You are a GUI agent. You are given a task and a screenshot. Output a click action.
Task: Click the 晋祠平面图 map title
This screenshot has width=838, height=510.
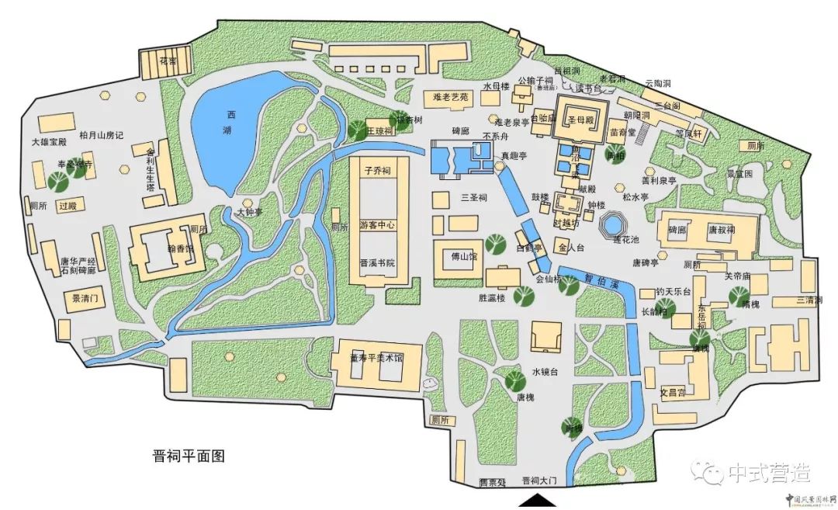pyautogui.click(x=189, y=456)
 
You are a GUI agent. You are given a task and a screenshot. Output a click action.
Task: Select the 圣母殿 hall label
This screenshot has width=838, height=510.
pyautogui.click(x=580, y=120)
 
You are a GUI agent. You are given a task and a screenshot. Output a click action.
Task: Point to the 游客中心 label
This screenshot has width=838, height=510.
pyautogui.click(x=377, y=225)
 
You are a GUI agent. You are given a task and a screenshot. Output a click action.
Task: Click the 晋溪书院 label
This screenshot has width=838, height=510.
pyautogui.click(x=377, y=263)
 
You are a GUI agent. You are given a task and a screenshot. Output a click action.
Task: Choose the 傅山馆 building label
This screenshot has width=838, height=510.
pyautogui.click(x=464, y=256)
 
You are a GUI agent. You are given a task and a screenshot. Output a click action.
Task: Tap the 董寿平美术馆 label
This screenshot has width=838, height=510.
pyautogui.click(x=377, y=358)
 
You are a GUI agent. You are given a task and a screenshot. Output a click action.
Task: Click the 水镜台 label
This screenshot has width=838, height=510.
pyautogui.click(x=545, y=372)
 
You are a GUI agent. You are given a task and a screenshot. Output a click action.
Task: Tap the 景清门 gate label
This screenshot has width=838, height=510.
pyautogui.click(x=85, y=298)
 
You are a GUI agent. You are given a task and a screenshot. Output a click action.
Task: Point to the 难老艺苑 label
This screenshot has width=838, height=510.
pyautogui.click(x=451, y=97)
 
